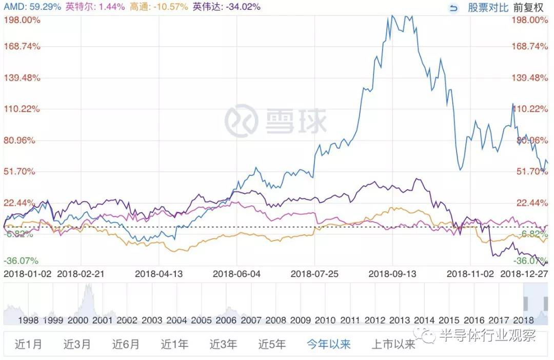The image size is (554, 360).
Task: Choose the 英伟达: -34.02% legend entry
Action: (226, 7)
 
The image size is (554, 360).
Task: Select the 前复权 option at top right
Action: (528, 8)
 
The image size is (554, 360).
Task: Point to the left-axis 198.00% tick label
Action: (22, 20)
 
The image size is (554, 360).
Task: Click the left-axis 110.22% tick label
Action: (22, 109)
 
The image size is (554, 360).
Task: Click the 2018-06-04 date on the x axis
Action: (236, 274)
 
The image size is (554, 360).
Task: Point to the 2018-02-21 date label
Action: (81, 274)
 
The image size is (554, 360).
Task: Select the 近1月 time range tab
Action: (28, 344)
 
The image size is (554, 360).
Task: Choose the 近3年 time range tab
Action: (223, 344)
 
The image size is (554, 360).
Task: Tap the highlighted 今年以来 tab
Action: (329, 344)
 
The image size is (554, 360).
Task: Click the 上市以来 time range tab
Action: (393, 344)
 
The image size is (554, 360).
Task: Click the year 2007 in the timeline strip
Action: (251, 320)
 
